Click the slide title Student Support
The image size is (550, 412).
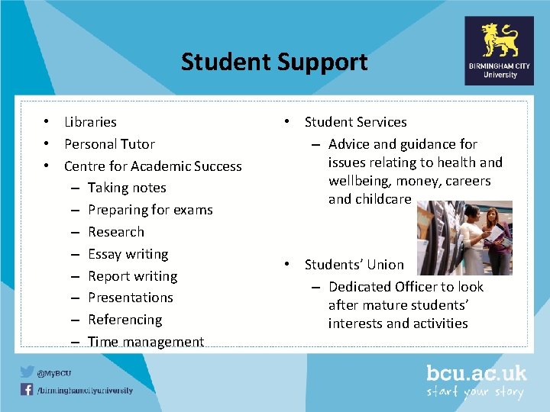(273, 62)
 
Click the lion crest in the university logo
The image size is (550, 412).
(500, 40)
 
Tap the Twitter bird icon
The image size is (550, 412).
(27, 372)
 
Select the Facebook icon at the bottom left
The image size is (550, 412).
(27, 390)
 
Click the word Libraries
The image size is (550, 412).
(90, 122)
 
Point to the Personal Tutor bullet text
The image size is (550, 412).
(109, 144)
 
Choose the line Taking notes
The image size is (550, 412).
(127, 188)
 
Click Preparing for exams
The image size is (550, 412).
(150, 210)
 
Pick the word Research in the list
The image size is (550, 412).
(115, 232)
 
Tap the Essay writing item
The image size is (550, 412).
(128, 254)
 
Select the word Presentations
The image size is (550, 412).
(130, 298)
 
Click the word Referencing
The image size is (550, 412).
(125, 320)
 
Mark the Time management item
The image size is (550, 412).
(145, 342)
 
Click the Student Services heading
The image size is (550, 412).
(355, 122)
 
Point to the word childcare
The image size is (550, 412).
(382, 200)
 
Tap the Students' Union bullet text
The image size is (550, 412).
(354, 265)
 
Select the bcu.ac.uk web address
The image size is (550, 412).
(476, 373)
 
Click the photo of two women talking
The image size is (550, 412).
(464, 238)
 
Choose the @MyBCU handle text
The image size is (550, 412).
(56, 373)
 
